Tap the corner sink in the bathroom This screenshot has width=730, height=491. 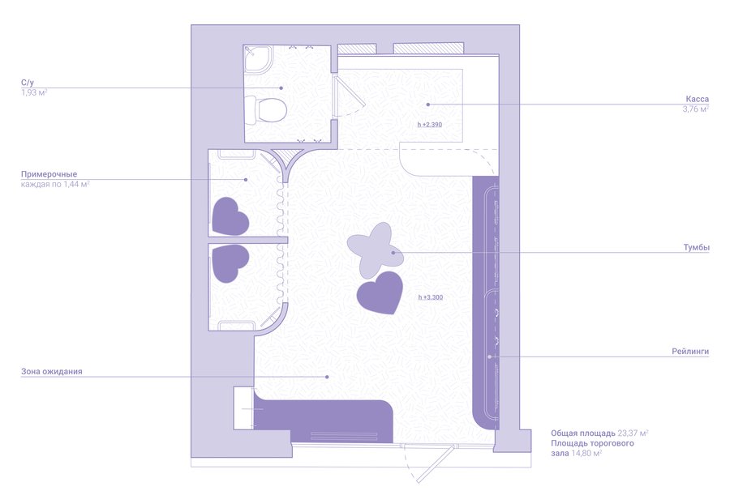pos(257,58)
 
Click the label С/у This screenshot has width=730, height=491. pos(28,83)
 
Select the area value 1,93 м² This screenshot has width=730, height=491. pos(34,92)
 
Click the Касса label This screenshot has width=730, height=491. pos(697,99)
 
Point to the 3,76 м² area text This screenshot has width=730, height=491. pos(696,109)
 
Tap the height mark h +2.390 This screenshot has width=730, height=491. pos(430,124)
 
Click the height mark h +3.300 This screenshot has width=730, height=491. pos(431,297)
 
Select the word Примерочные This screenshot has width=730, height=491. pos(49,174)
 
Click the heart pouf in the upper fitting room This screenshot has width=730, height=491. pos(230,216)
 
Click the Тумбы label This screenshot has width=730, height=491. pos(697,247)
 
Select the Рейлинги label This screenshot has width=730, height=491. pos(690,352)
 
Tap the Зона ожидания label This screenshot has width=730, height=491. pos(52,372)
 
